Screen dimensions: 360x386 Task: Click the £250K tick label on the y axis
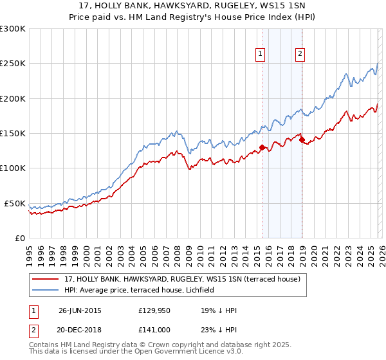point(12,64)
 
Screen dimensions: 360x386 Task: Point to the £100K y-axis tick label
point(12,168)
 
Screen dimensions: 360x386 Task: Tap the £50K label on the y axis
point(15,203)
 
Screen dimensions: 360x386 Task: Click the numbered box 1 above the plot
point(261,55)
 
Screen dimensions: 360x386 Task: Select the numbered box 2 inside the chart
point(300,55)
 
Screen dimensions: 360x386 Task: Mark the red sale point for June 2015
point(262,148)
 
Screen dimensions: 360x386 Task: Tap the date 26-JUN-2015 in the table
point(80,310)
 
